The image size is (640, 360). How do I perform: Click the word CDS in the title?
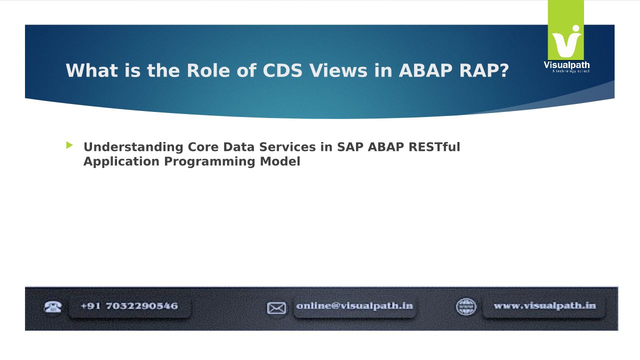(x=282, y=70)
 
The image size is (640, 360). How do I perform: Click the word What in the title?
(x=91, y=70)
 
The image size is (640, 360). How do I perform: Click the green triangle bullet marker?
(x=69, y=145)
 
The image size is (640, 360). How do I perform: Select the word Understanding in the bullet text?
(x=133, y=147)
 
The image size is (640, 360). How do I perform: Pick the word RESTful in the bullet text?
(x=434, y=147)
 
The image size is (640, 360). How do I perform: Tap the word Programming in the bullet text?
(x=209, y=161)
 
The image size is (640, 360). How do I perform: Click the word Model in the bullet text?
(x=280, y=161)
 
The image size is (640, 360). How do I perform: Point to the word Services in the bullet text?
(x=287, y=147)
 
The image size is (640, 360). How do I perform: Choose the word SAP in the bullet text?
(x=350, y=147)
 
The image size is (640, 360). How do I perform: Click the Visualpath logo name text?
(x=566, y=65)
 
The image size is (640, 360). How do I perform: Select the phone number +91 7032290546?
(x=129, y=306)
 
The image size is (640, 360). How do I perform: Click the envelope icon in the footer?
(x=276, y=308)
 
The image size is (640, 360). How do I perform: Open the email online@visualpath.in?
(x=354, y=306)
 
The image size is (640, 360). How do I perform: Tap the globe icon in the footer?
(x=466, y=307)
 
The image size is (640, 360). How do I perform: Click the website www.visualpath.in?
(x=545, y=305)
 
